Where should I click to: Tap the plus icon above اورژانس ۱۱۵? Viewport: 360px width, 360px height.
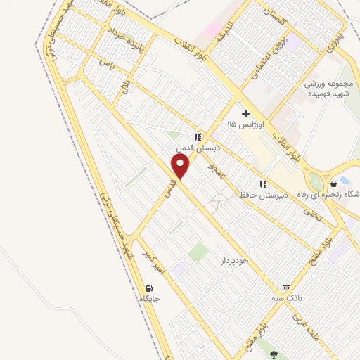pyautogui.click(x=245, y=113)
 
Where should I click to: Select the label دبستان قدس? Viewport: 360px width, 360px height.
pyautogui.click(x=198, y=149)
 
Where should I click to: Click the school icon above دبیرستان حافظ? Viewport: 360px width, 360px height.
pyautogui.click(x=263, y=184)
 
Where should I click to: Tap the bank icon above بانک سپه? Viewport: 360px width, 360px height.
pyautogui.click(x=286, y=288)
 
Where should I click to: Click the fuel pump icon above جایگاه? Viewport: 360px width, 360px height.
pyautogui.click(x=149, y=288)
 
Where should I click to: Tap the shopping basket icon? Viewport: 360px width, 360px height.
pyautogui.click(x=344, y=182)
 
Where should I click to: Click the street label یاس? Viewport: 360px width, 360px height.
pyautogui.click(x=107, y=63)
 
